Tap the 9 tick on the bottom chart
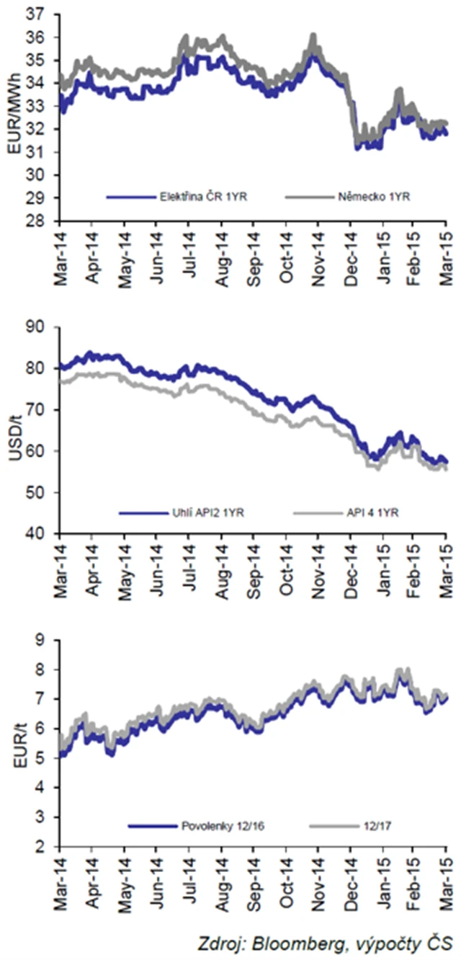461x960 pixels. [48, 639]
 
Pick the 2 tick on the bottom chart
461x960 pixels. [48, 847]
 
